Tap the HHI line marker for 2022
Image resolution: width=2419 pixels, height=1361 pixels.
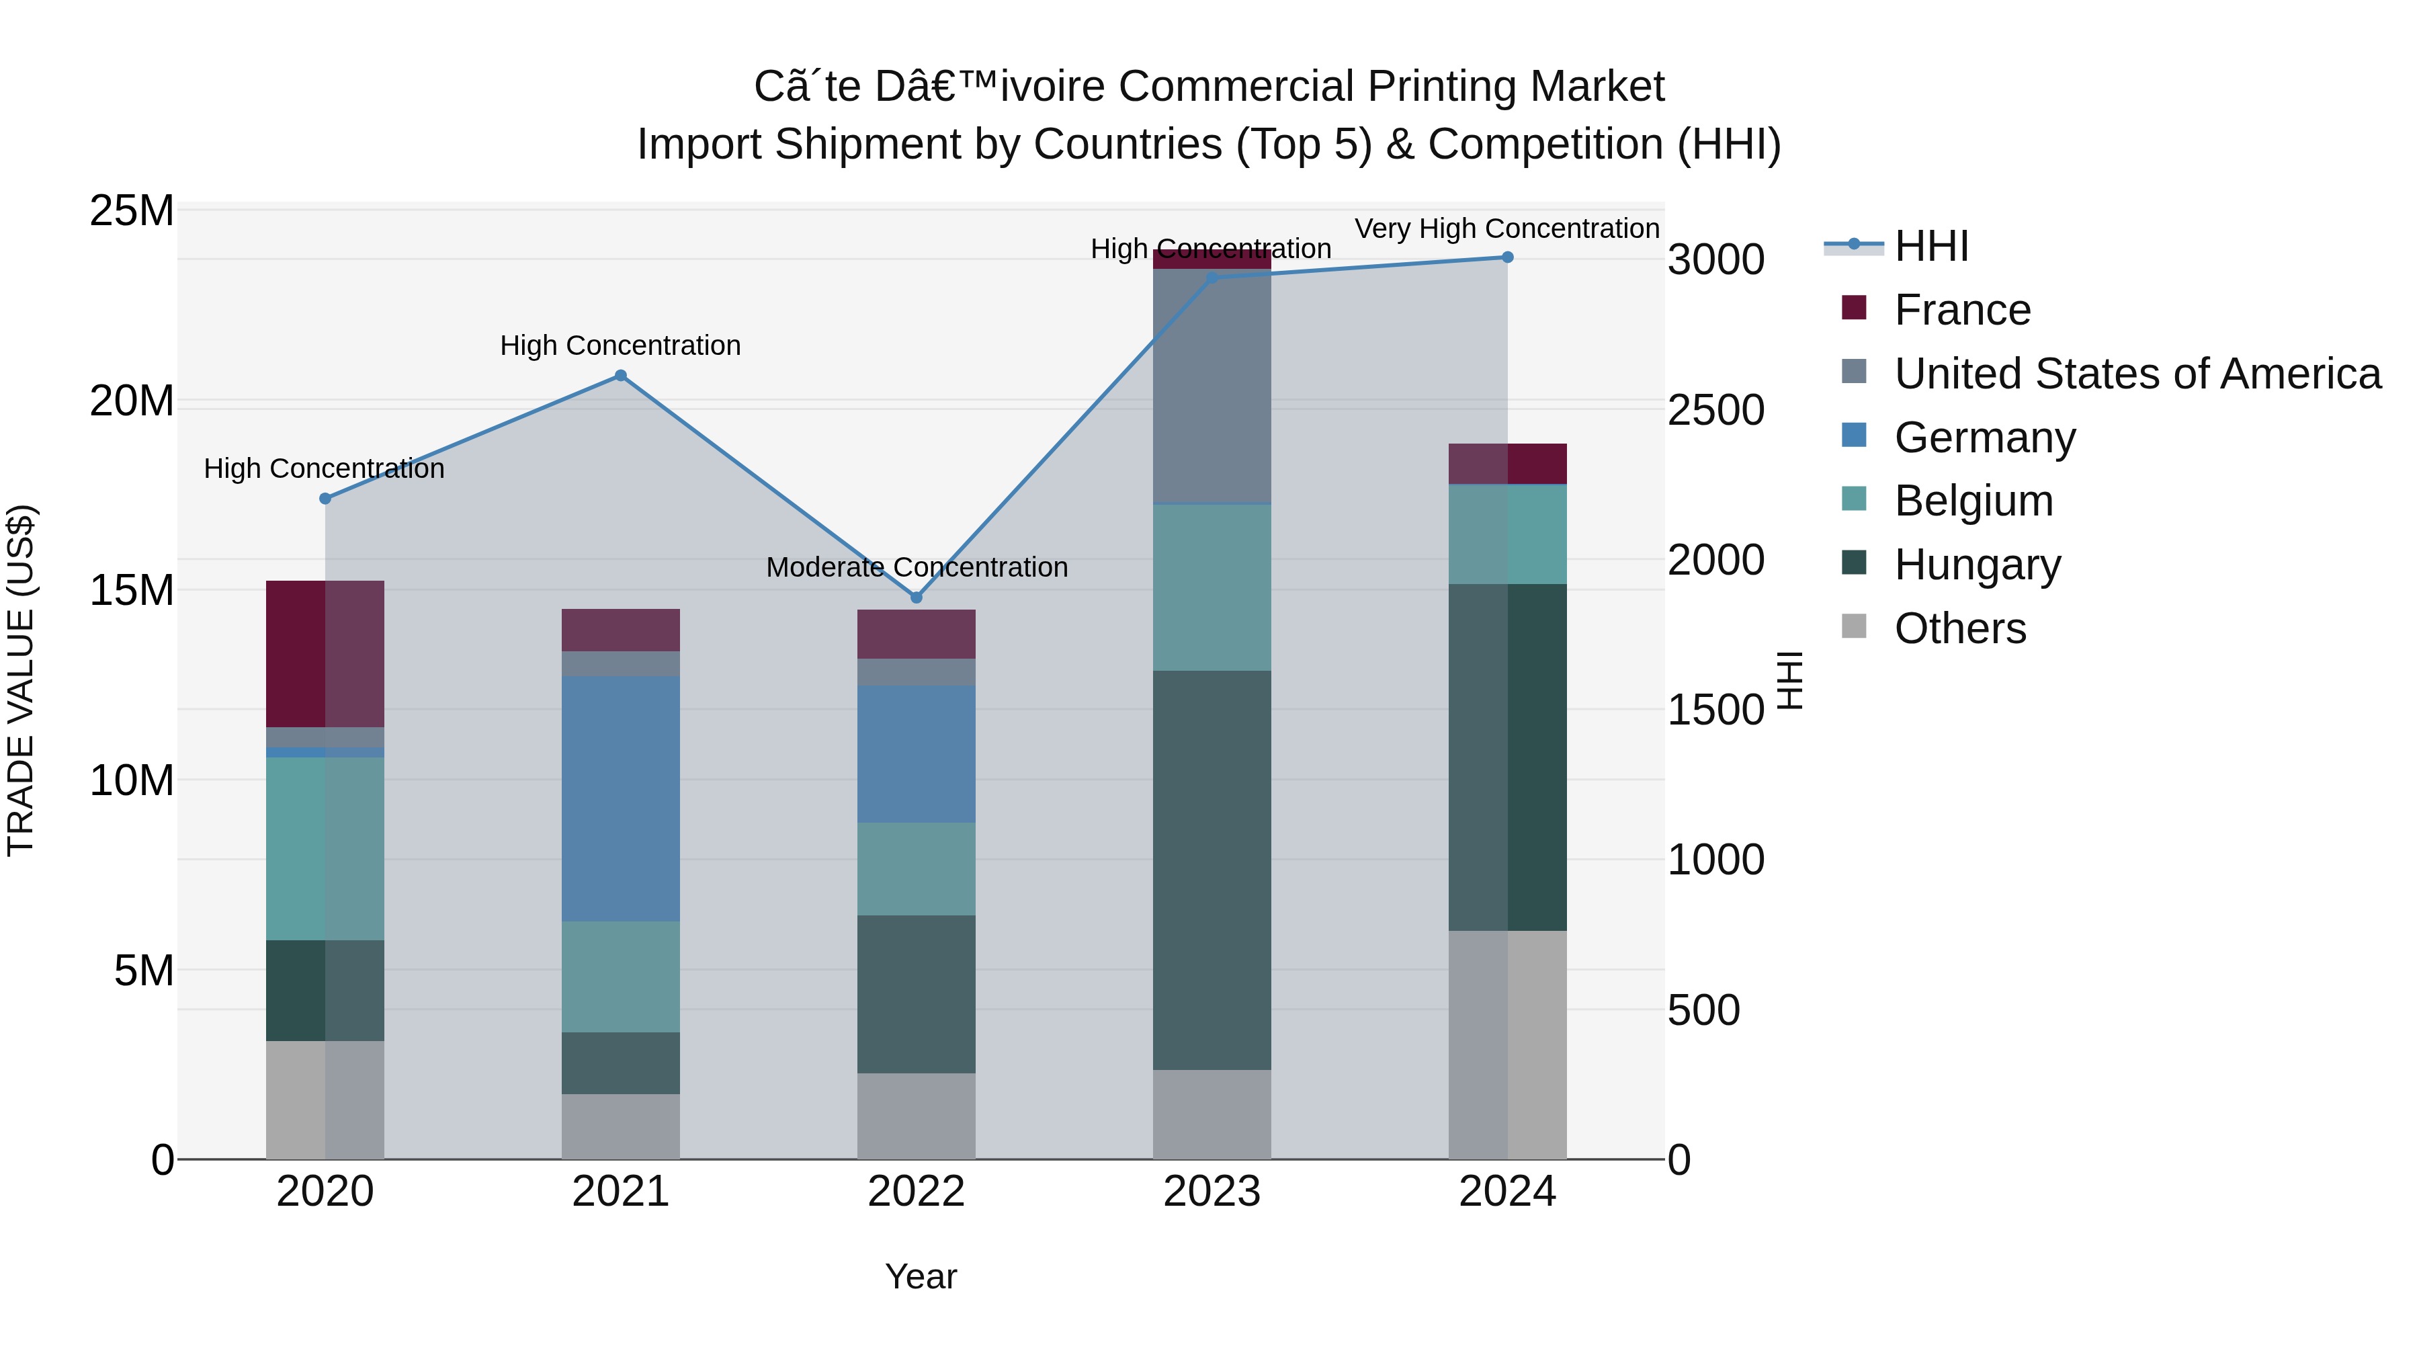[x=917, y=597]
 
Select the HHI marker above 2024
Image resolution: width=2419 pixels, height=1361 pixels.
[x=1507, y=257]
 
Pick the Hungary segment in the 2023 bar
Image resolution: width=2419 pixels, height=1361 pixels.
[x=1212, y=869]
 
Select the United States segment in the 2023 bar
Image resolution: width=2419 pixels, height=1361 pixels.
[x=1212, y=385]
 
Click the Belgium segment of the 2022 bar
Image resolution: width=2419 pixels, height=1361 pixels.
[x=917, y=869]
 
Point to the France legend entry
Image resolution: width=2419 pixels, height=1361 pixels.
[x=1961, y=310]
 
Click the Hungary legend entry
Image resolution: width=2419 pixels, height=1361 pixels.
[x=1977, y=565]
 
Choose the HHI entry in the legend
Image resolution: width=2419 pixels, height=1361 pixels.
[x=1930, y=246]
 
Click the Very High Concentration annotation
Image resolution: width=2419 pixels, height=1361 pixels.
[x=1506, y=229]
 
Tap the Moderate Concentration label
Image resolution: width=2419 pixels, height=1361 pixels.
[x=917, y=567]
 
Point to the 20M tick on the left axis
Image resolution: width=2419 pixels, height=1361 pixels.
[x=132, y=402]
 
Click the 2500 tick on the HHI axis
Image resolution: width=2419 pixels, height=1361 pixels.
[x=1715, y=411]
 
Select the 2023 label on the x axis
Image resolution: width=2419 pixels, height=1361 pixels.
[x=1212, y=1192]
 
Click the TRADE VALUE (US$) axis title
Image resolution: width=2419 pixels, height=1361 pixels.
[x=21, y=681]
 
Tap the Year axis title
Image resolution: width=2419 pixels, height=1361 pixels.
[x=921, y=1276]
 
